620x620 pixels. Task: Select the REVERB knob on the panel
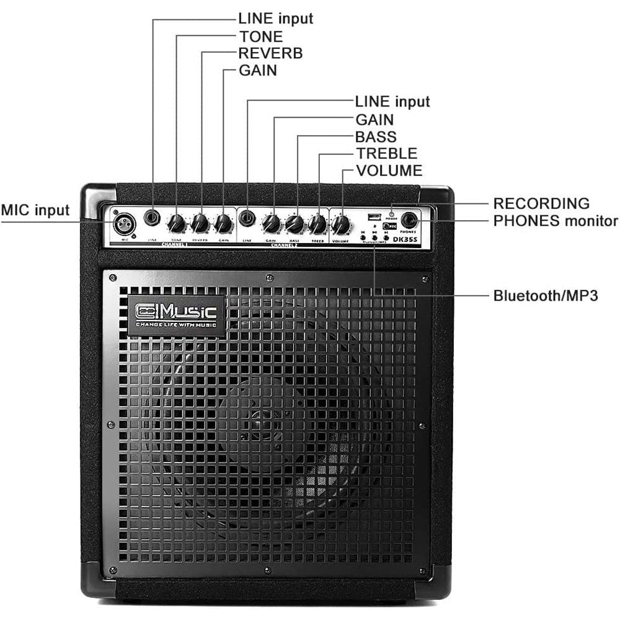(200, 223)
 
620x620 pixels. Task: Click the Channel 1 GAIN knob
(223, 223)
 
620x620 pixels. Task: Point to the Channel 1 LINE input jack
(153, 218)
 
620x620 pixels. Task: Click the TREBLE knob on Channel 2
(317, 224)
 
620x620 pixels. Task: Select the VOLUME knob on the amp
(341, 223)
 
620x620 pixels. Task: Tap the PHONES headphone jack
(409, 220)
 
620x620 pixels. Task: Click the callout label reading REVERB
(271, 53)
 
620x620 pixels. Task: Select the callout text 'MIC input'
(35, 210)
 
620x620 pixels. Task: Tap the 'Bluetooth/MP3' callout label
(546, 295)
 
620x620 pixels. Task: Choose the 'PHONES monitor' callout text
(556, 221)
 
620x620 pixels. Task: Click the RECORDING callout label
(541, 203)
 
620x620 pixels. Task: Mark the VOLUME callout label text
(389, 170)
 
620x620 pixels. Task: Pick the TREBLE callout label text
(386, 153)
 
